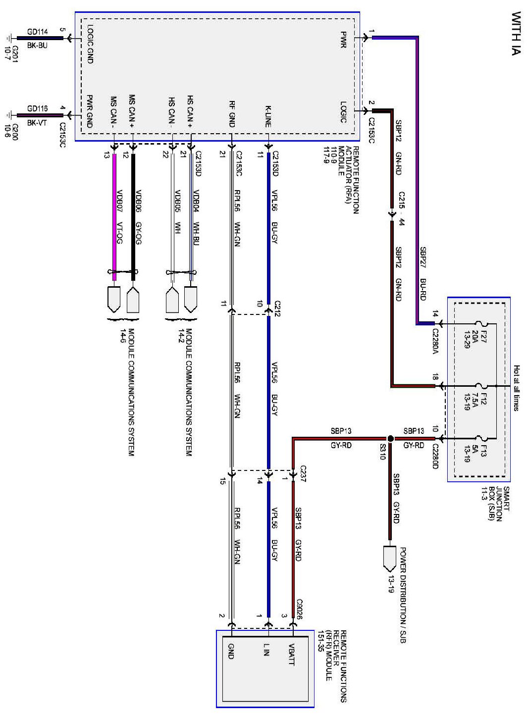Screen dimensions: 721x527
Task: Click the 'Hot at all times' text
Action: [517, 388]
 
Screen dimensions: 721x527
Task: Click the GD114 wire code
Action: [38, 32]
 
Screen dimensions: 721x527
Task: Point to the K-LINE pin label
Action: [268, 116]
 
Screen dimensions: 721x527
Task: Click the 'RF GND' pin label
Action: [231, 114]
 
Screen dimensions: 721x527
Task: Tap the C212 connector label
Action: [277, 308]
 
